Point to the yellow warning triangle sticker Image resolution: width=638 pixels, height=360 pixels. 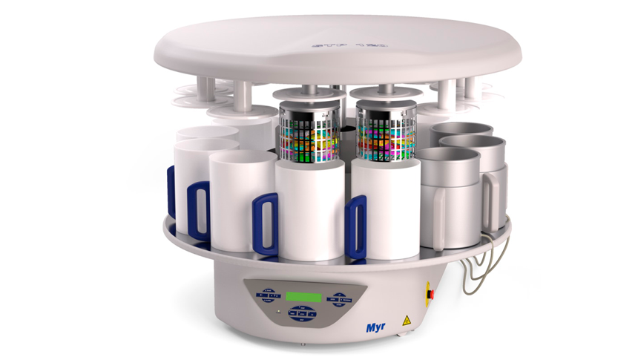coord(406,321)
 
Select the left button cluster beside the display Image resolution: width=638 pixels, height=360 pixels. coord(268,295)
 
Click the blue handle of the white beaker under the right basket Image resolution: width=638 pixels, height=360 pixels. coord(357,226)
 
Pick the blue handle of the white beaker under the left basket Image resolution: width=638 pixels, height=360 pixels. coord(265,223)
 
